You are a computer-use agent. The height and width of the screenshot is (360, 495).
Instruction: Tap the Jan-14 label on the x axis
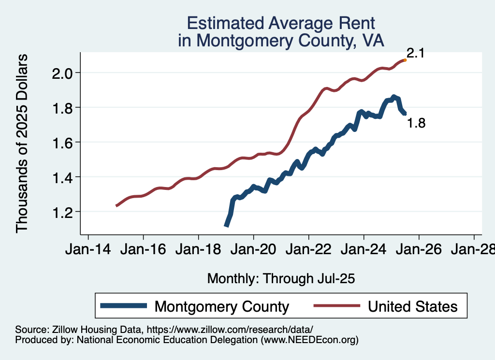tap(88, 250)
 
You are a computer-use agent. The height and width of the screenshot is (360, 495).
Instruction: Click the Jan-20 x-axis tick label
tap(254, 250)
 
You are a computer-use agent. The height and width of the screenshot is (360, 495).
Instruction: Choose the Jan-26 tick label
tap(419, 250)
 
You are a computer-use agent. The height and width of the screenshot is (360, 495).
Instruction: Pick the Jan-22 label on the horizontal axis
tap(309, 250)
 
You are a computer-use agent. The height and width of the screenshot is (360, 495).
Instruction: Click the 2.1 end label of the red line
tap(415, 53)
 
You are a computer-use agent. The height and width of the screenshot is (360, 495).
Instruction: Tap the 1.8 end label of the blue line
tap(416, 123)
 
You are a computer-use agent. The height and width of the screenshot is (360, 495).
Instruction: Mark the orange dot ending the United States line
tap(405, 60)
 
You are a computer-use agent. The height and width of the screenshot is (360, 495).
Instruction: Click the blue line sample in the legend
tap(123, 306)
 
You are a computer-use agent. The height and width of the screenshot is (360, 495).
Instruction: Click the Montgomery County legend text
tap(221, 306)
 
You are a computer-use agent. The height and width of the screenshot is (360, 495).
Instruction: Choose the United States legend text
tap(412, 306)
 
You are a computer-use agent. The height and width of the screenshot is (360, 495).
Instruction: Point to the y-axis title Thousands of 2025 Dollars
tap(23, 143)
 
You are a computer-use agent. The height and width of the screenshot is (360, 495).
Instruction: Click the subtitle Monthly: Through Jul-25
tap(281, 278)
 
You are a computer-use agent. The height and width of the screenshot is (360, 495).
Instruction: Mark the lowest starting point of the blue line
tap(226, 225)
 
